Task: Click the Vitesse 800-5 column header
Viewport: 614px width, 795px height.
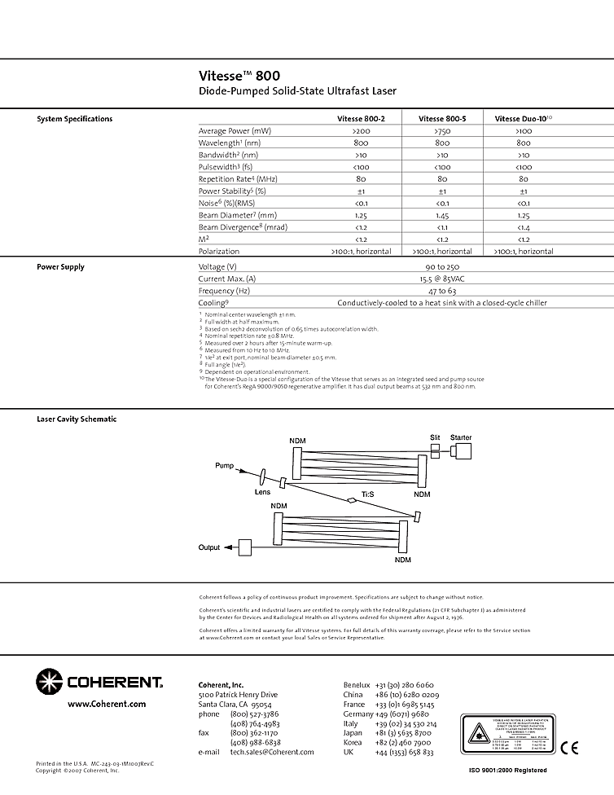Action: point(441,119)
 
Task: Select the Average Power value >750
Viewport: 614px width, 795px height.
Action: point(441,131)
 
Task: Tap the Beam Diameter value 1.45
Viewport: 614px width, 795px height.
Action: point(441,216)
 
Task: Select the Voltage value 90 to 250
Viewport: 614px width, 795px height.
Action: point(441,267)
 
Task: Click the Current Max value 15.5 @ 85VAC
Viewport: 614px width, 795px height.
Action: point(441,279)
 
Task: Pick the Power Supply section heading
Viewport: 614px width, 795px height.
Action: point(60,267)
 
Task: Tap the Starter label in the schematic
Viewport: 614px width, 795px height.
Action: point(461,438)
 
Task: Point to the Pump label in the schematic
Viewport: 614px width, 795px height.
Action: point(224,466)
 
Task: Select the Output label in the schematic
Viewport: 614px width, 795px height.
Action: point(209,547)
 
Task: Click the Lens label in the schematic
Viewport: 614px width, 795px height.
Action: point(262,492)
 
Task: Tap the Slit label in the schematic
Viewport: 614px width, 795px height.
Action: point(435,438)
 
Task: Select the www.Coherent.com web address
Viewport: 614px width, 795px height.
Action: point(107,704)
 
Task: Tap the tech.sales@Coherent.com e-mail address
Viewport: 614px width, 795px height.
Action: point(272,752)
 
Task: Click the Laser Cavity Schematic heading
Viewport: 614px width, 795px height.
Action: point(77,419)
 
